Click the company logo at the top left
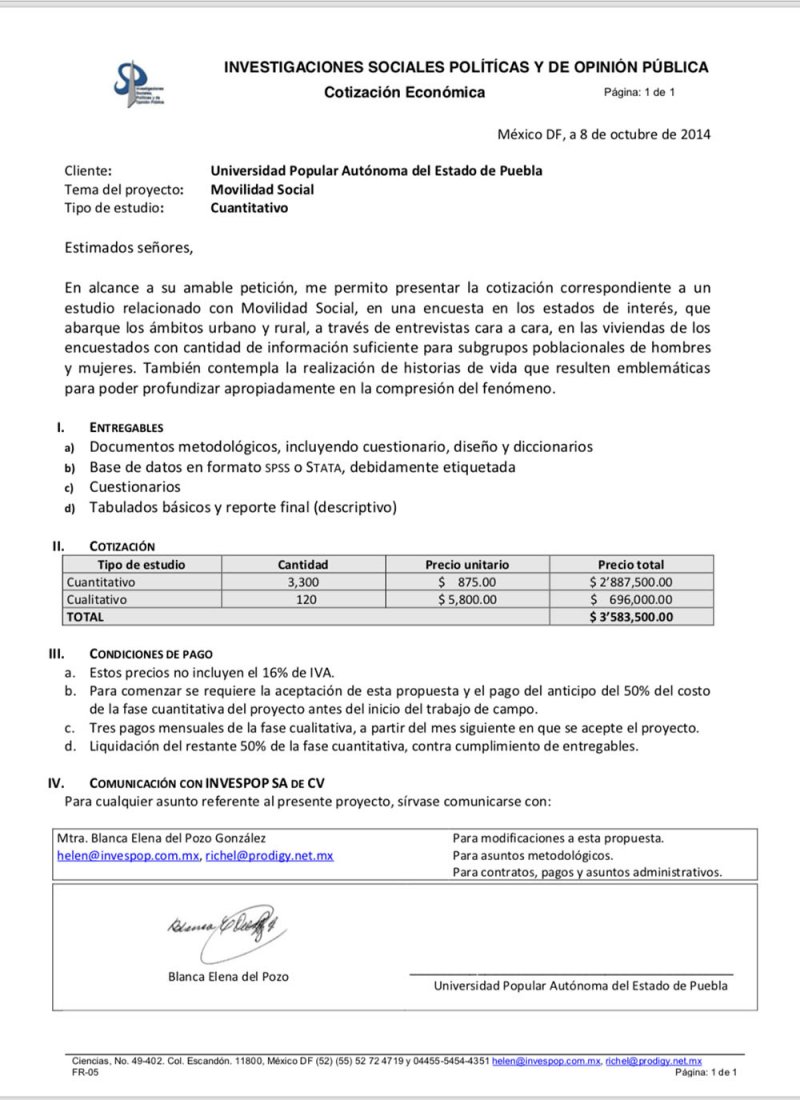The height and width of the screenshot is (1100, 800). [x=138, y=83]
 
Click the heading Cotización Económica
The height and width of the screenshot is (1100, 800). [x=404, y=93]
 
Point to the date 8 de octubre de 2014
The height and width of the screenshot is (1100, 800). [x=640, y=135]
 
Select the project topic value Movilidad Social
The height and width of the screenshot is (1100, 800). [x=262, y=189]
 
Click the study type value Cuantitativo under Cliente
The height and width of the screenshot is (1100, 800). [x=249, y=208]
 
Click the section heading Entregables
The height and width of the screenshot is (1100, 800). [x=126, y=427]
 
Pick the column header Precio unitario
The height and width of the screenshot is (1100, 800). [x=466, y=565]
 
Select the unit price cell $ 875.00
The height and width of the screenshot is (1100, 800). [x=466, y=582]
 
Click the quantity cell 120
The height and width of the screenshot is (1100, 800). [x=305, y=600]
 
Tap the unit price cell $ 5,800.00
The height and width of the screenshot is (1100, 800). [x=466, y=600]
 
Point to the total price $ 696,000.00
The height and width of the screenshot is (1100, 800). [x=632, y=600]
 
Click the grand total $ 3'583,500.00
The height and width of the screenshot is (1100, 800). [x=632, y=617]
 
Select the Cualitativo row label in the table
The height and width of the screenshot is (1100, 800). [x=96, y=600]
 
